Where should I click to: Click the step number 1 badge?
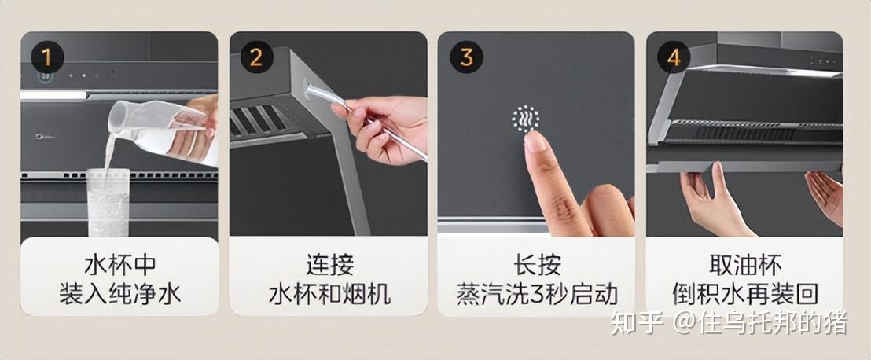click(x=47, y=57)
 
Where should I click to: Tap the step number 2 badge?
click(x=256, y=57)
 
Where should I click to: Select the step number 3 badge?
click(x=466, y=57)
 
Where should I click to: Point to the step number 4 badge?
click(x=674, y=57)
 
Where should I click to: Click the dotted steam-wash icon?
click(x=525, y=119)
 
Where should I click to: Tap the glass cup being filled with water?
click(x=108, y=202)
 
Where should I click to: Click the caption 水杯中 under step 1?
click(x=120, y=265)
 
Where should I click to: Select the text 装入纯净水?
click(x=120, y=294)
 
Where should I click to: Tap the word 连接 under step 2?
click(x=329, y=265)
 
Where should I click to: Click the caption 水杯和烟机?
click(x=329, y=294)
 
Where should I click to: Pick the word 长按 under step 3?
click(x=537, y=265)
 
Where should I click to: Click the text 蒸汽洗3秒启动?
click(x=537, y=294)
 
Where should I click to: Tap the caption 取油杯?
click(x=745, y=265)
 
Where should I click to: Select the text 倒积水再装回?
click(x=745, y=294)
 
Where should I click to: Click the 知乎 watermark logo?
click(x=638, y=323)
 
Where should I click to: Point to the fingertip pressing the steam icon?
click(x=535, y=141)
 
